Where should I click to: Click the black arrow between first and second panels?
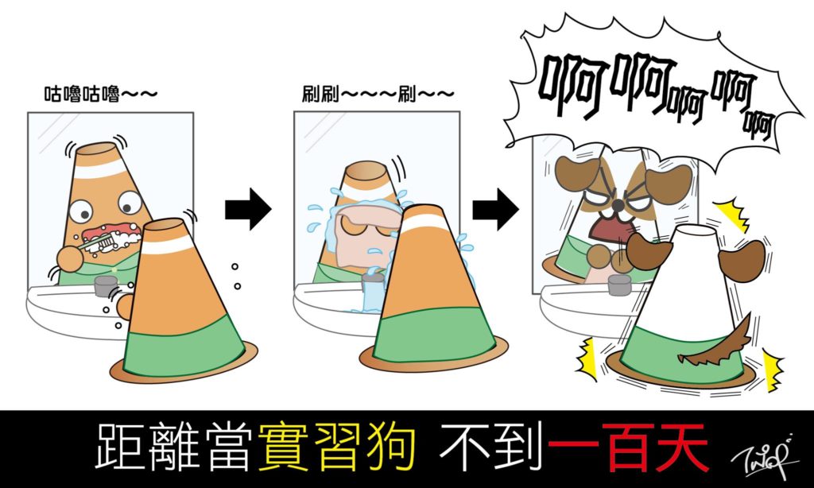point(248,209)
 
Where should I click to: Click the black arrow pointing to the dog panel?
point(495,209)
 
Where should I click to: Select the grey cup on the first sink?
point(106,286)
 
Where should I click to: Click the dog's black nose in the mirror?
point(618,206)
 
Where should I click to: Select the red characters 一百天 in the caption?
point(628,447)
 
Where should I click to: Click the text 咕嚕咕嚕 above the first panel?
point(82,94)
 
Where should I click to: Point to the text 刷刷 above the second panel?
point(321,94)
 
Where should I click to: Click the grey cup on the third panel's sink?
point(619,285)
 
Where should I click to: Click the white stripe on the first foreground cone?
point(167,245)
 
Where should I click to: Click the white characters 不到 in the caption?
point(491,447)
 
